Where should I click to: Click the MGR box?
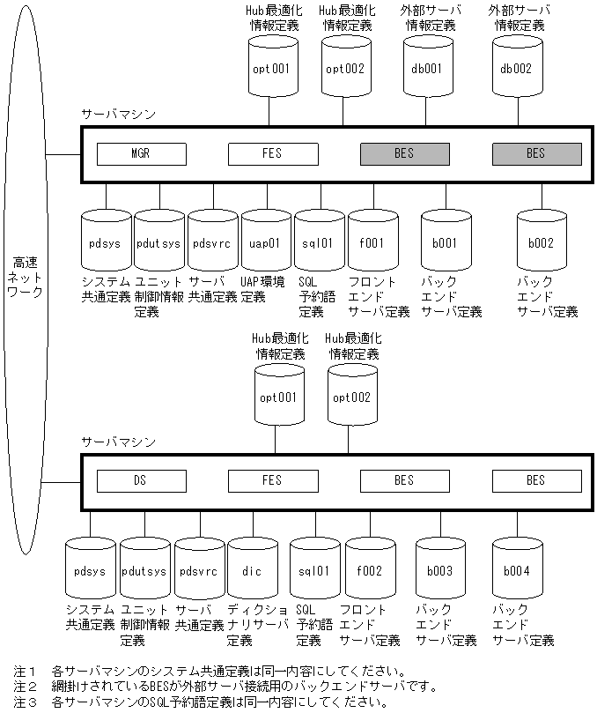click(x=141, y=154)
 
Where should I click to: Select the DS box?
click(x=141, y=480)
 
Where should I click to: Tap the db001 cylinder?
click(x=427, y=68)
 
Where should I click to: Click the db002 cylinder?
click(x=515, y=68)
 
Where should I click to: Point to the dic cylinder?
click(x=252, y=571)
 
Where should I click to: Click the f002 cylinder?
click(x=370, y=571)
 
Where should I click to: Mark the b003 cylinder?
click(x=439, y=571)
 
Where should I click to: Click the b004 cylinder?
click(x=517, y=571)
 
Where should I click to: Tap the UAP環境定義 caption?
click(x=263, y=289)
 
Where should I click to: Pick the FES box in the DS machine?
click(x=273, y=480)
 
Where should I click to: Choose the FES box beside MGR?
click(x=273, y=154)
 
